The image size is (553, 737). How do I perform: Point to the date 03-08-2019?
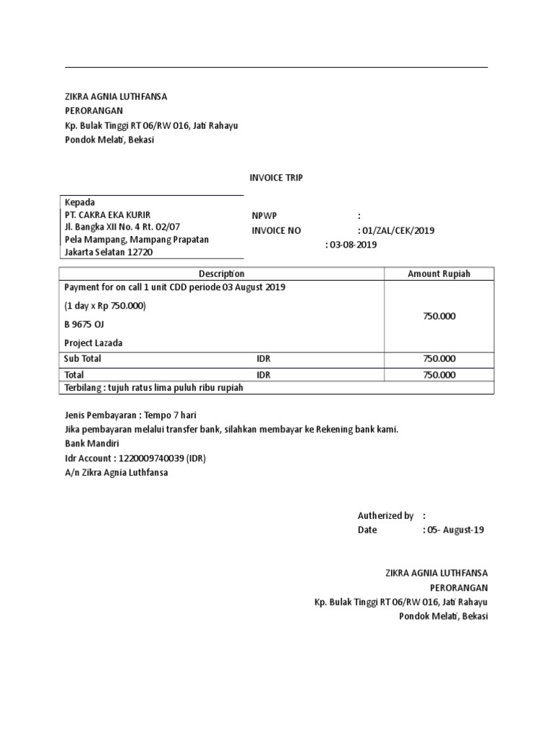click(353, 245)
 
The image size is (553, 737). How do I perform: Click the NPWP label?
click(264, 216)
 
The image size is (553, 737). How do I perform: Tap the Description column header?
click(221, 273)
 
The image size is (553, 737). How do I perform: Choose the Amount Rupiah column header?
click(439, 273)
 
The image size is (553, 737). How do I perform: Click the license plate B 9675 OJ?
click(84, 325)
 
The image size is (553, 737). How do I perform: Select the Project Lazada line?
click(93, 343)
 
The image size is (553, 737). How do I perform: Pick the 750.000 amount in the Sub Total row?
click(439, 358)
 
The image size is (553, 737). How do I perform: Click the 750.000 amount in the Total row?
click(439, 375)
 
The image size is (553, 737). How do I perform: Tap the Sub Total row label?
click(83, 358)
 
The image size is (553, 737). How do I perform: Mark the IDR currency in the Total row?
click(264, 375)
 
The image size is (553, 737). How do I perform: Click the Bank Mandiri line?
click(92, 444)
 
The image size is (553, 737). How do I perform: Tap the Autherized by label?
click(385, 515)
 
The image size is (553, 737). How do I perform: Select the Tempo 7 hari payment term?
click(170, 415)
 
